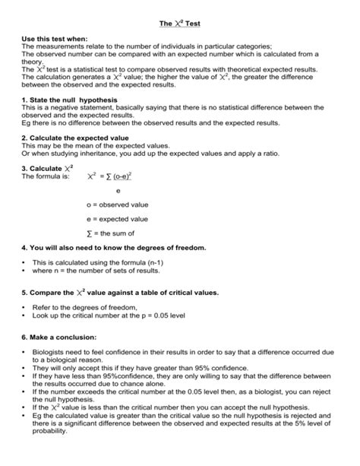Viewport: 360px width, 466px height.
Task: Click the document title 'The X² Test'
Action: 179,24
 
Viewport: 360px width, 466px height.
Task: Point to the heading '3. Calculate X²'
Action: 48,167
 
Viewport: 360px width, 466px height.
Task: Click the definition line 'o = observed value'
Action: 118,204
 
